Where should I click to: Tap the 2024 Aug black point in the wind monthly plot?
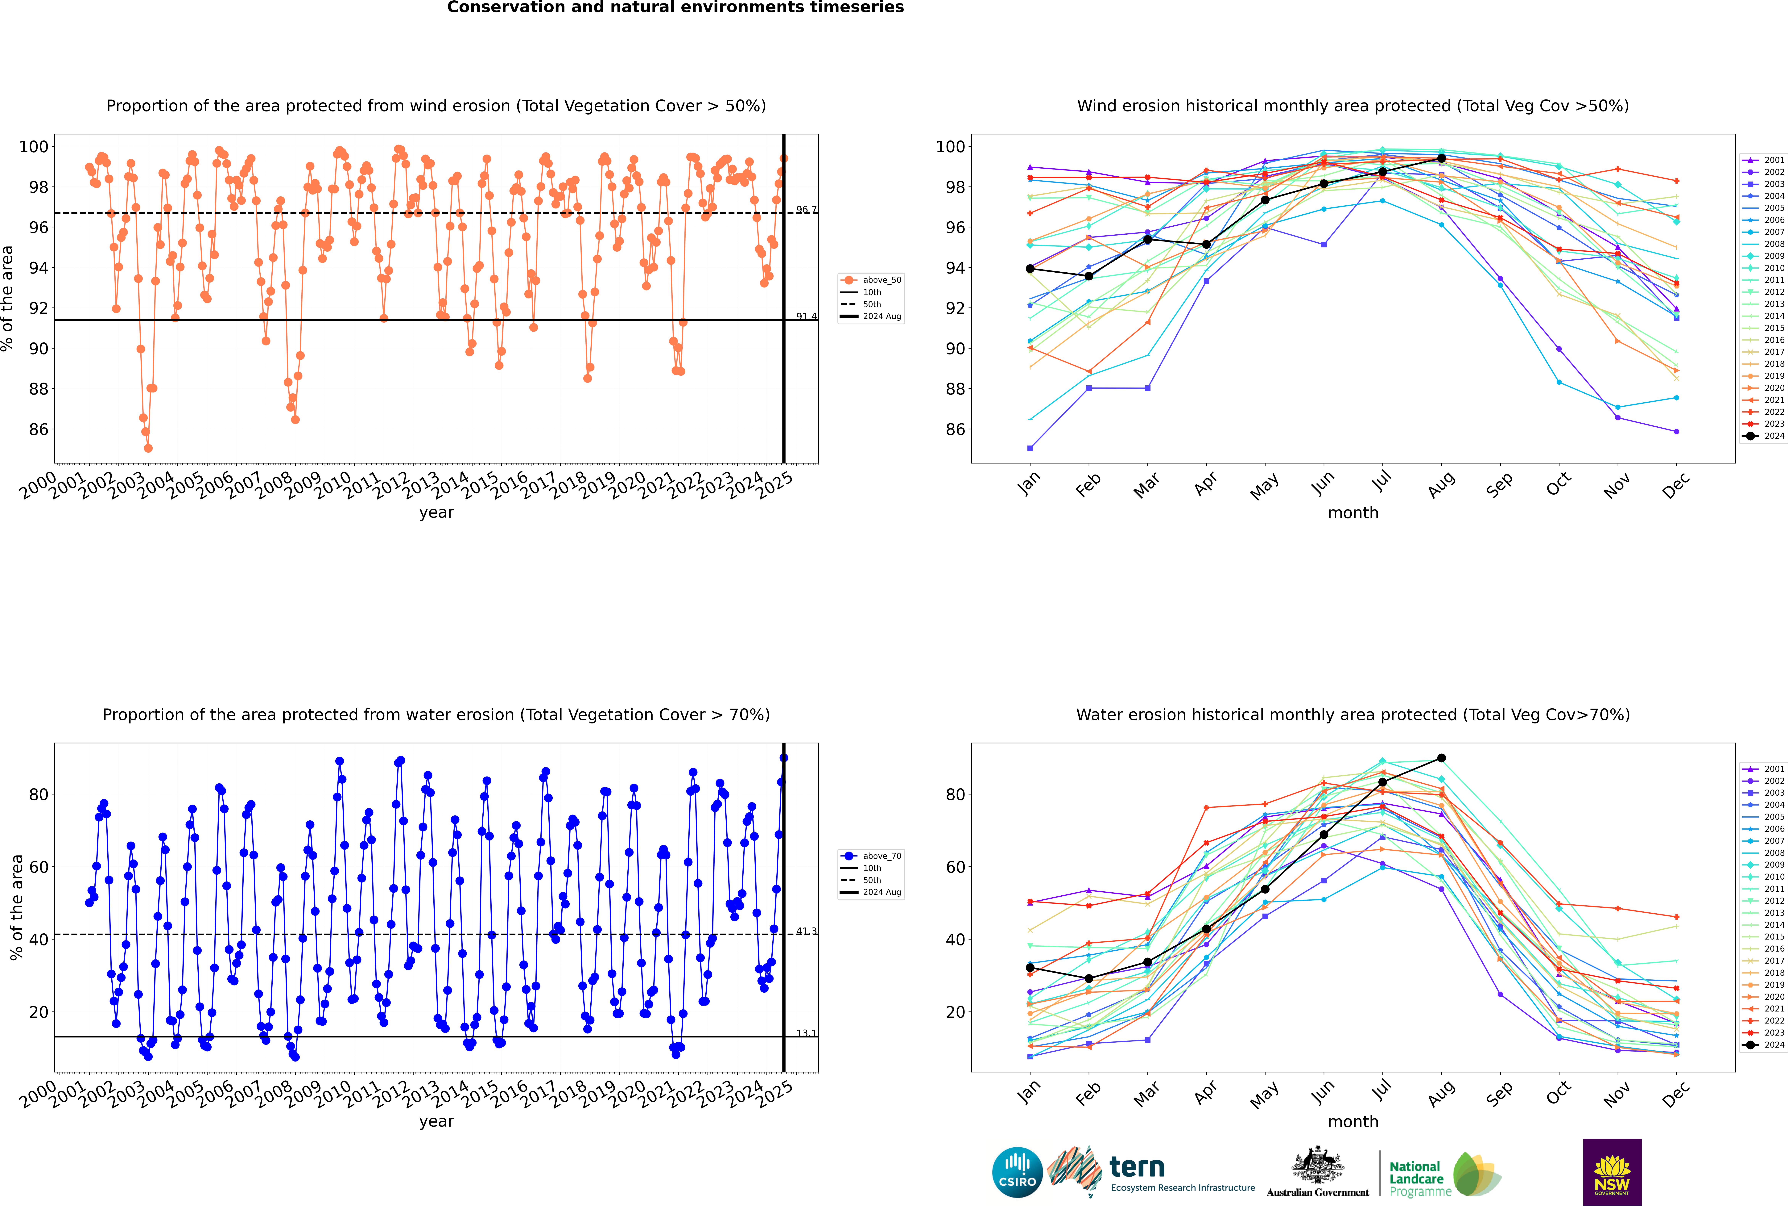coord(1441,158)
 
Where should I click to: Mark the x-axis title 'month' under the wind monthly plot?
coord(1353,513)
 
